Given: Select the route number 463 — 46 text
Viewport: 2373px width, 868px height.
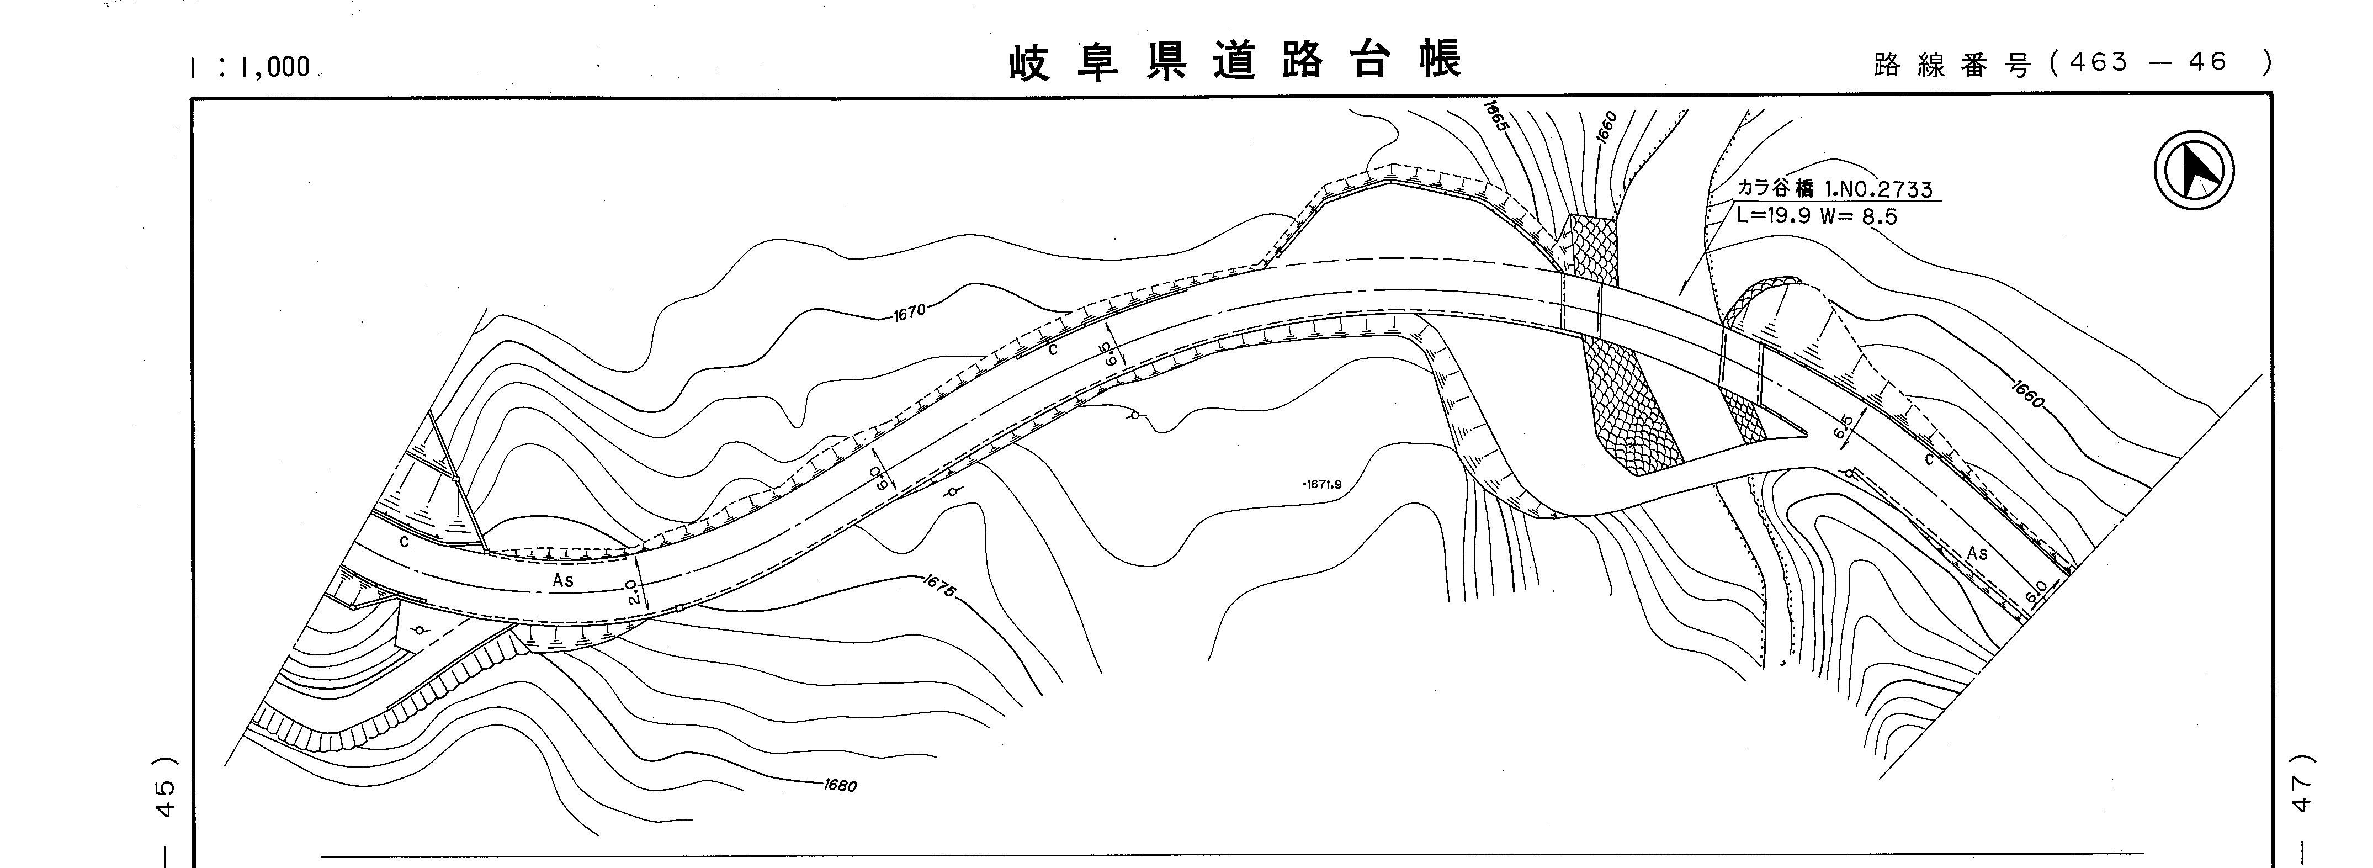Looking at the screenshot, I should tap(2146, 62).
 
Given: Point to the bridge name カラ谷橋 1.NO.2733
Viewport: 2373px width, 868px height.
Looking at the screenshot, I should tap(1833, 189).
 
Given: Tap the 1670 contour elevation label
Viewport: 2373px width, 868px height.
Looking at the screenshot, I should tap(909, 313).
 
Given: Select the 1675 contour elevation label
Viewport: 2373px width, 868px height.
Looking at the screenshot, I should tap(939, 586).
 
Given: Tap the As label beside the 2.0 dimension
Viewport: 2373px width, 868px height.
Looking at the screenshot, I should tap(563, 580).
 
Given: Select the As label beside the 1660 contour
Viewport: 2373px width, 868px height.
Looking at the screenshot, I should tap(1977, 553).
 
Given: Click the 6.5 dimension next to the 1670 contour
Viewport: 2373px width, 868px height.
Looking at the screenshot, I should tap(1112, 354).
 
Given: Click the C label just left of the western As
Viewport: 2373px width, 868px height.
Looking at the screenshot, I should tap(404, 543).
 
